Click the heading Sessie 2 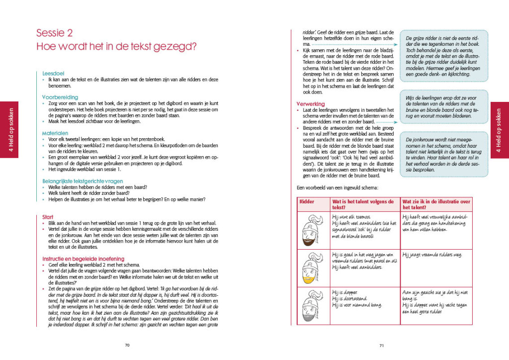(x=54, y=33)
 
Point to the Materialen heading (x=55, y=133)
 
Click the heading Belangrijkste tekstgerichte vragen (x=82, y=181)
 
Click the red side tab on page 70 (x=9, y=129)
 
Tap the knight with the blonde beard (x=310, y=268)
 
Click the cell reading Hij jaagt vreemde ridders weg (x=431, y=255)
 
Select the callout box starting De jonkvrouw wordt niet (x=436, y=155)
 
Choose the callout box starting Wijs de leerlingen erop (x=436, y=108)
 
